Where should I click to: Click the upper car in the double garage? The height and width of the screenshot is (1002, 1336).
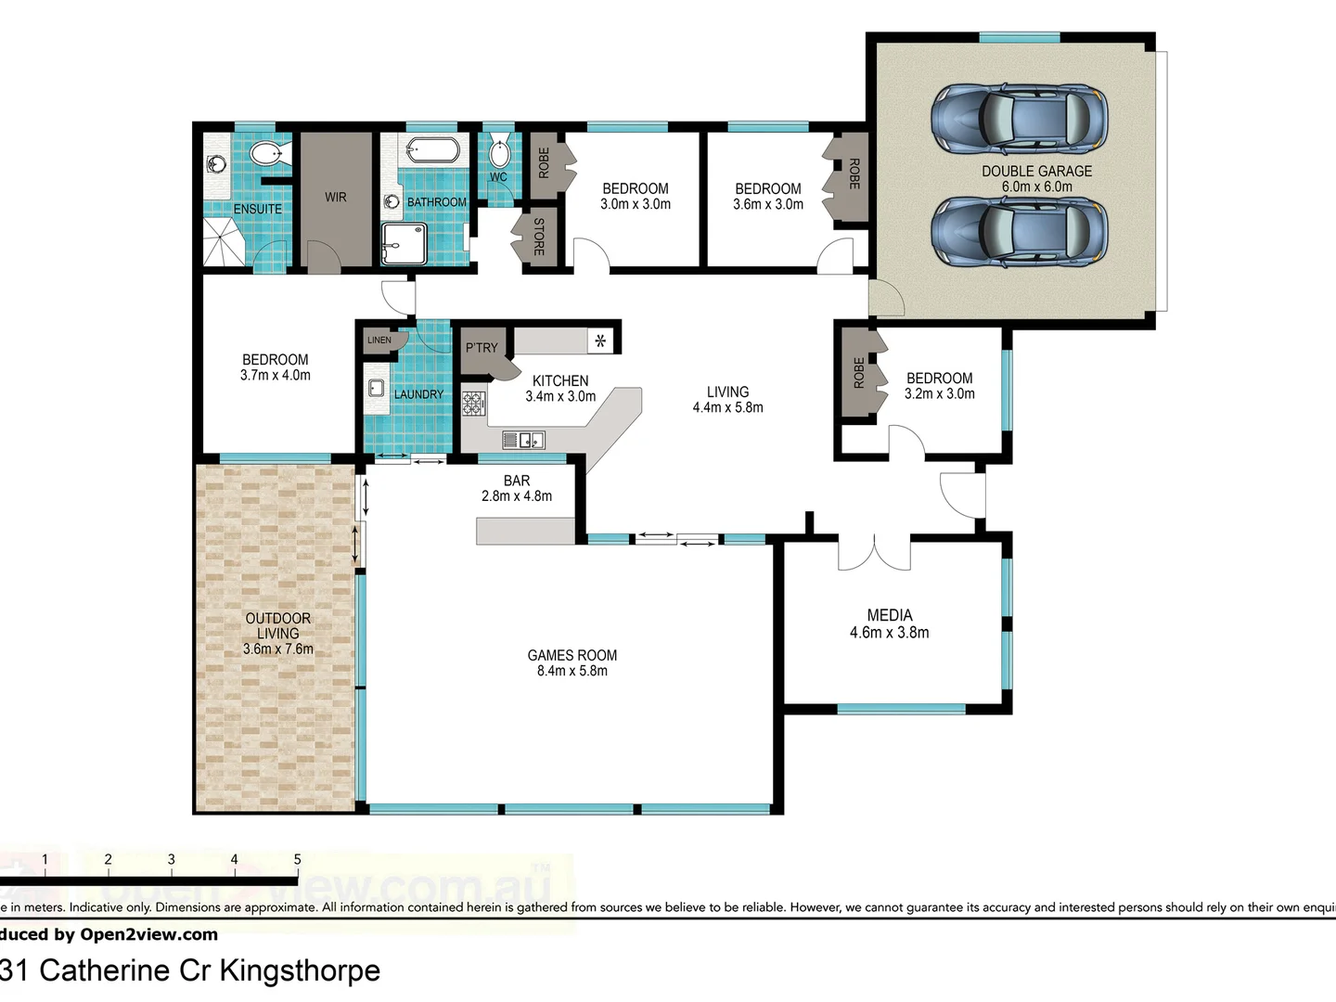tap(1019, 119)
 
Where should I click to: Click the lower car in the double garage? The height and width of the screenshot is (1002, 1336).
tap(1019, 232)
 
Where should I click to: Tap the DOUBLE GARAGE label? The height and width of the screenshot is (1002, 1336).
tap(1036, 171)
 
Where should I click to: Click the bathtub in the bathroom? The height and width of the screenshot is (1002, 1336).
tap(431, 149)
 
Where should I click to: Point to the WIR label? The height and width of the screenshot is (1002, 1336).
tap(336, 198)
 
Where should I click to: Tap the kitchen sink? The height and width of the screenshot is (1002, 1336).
tap(524, 440)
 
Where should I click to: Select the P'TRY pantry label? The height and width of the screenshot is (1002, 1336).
tap(482, 348)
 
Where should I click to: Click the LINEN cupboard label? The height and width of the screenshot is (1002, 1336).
tap(379, 340)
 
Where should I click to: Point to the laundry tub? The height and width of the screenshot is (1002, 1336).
tap(377, 388)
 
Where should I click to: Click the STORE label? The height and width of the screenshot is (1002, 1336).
tap(538, 237)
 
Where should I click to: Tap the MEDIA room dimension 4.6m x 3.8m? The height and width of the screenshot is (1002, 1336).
tap(889, 633)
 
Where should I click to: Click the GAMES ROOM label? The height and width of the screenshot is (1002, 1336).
tap(572, 655)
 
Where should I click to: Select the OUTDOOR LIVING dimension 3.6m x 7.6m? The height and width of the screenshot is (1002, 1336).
tap(278, 649)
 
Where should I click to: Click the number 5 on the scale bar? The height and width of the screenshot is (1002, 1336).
tap(297, 860)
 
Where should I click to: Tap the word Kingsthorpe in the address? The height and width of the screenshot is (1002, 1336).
tap(299, 970)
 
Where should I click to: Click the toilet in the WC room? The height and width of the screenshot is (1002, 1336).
tap(499, 152)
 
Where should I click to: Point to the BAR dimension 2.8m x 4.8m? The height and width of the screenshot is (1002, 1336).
tap(516, 496)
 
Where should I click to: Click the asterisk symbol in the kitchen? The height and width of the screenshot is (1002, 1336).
tap(600, 341)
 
